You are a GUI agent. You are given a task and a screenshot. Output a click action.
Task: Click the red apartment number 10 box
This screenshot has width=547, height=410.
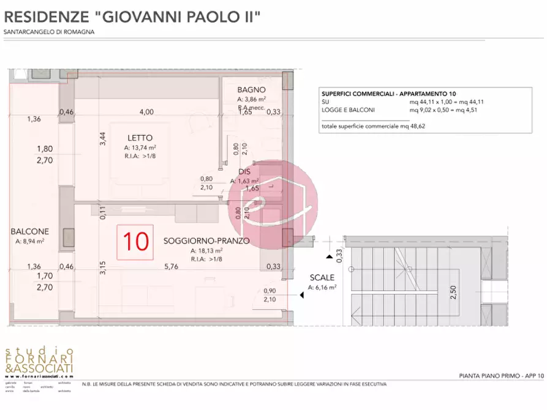(135, 241)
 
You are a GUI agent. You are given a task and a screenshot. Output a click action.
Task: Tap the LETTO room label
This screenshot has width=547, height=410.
(140, 138)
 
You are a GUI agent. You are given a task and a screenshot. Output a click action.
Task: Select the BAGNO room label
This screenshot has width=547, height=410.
(251, 89)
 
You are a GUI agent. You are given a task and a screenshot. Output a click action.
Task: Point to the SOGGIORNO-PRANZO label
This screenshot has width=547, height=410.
(206, 241)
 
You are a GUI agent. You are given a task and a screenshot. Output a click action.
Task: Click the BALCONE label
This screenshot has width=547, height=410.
(29, 232)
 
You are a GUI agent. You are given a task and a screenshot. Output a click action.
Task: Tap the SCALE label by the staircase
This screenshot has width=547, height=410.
(322, 278)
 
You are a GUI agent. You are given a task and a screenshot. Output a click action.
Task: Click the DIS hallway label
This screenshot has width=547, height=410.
(244, 172)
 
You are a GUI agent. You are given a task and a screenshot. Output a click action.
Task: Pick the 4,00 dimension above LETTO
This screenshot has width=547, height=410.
(146, 112)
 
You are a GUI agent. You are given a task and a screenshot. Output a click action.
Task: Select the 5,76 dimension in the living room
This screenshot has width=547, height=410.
(171, 266)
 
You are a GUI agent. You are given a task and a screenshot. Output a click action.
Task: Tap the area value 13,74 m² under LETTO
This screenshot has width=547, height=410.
(140, 147)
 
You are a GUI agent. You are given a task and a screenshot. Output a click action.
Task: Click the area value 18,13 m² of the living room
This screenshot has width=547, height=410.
(206, 251)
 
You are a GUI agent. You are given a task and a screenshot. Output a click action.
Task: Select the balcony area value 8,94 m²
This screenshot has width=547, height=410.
(29, 241)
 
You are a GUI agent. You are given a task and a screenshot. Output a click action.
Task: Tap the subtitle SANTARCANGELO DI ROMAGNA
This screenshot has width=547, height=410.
(49, 32)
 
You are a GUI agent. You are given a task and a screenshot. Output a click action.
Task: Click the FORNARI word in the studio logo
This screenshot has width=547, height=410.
(39, 358)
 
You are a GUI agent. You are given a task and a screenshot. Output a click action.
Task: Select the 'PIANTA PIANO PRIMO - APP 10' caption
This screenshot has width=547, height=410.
(500, 375)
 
